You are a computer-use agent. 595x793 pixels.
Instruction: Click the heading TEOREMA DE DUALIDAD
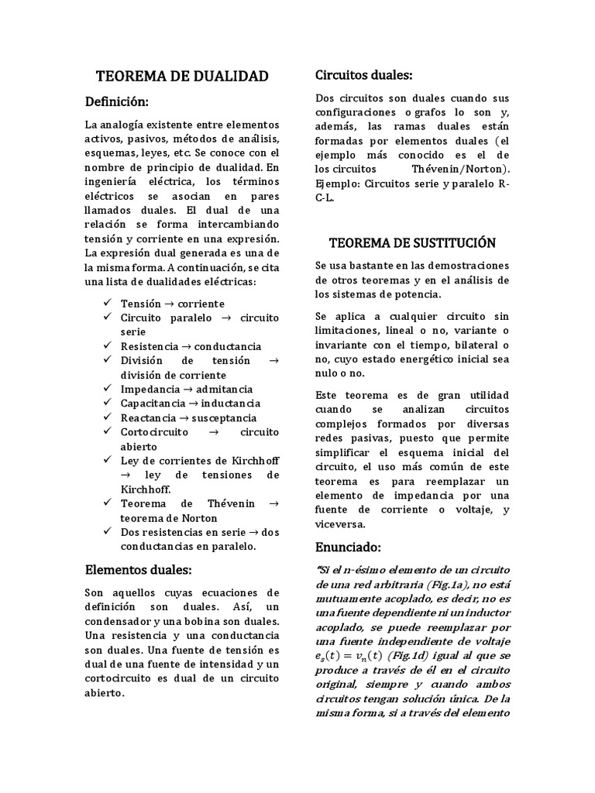point(181,76)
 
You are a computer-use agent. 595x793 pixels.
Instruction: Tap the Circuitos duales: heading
point(363,74)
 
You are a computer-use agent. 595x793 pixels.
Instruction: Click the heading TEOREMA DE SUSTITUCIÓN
point(412,242)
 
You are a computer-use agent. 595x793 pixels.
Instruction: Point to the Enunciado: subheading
point(349,548)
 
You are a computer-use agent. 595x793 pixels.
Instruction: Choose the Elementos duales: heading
point(139,570)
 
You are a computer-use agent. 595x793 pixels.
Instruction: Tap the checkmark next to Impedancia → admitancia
point(107,389)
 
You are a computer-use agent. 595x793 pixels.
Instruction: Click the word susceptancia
point(229,417)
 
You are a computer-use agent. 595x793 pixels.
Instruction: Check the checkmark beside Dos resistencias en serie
point(107,532)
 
